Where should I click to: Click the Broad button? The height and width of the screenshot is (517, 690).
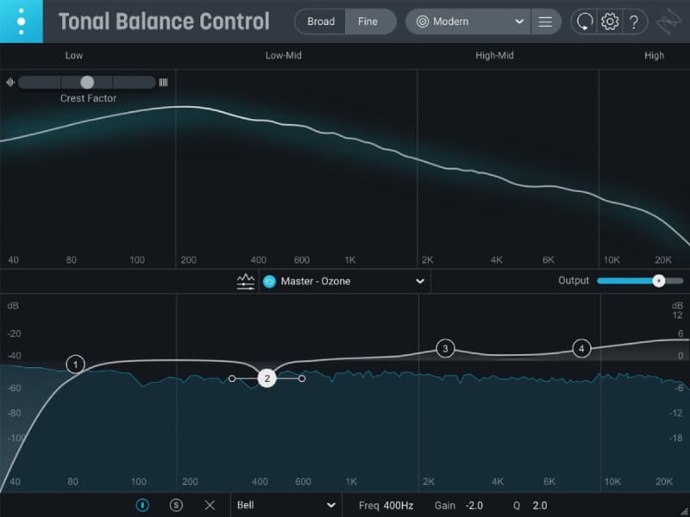321,22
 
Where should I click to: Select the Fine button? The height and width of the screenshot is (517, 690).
367,22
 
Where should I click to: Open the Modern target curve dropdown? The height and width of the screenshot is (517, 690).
470,22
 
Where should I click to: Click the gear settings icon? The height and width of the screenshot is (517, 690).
610,22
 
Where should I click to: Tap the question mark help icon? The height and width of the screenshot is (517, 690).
634,22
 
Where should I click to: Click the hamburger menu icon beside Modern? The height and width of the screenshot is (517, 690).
545,22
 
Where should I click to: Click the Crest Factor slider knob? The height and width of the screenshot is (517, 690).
87,82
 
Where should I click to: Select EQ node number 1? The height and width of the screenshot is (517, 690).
76,364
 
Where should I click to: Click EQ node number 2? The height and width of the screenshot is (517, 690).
267,378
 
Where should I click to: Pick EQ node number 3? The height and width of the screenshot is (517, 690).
445,348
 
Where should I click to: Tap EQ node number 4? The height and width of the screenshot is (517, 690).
582,348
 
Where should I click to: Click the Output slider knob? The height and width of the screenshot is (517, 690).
659,281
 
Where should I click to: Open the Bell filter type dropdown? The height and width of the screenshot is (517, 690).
285,506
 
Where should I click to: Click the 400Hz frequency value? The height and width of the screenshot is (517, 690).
398,506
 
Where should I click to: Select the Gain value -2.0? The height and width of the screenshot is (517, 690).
474,506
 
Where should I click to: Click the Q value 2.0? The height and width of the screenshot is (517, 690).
540,506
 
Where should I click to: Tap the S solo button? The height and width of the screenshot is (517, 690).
177,506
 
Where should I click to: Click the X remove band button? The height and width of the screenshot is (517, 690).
210,506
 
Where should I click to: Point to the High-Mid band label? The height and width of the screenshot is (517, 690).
494,56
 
